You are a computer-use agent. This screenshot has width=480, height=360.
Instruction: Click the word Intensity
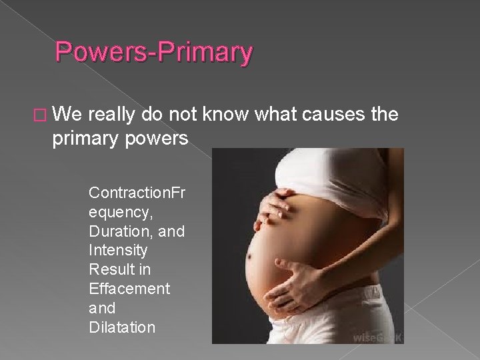click(x=117, y=251)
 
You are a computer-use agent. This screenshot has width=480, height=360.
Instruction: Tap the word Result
click(x=110, y=270)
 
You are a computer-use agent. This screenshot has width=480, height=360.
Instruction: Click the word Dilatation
click(x=122, y=327)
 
